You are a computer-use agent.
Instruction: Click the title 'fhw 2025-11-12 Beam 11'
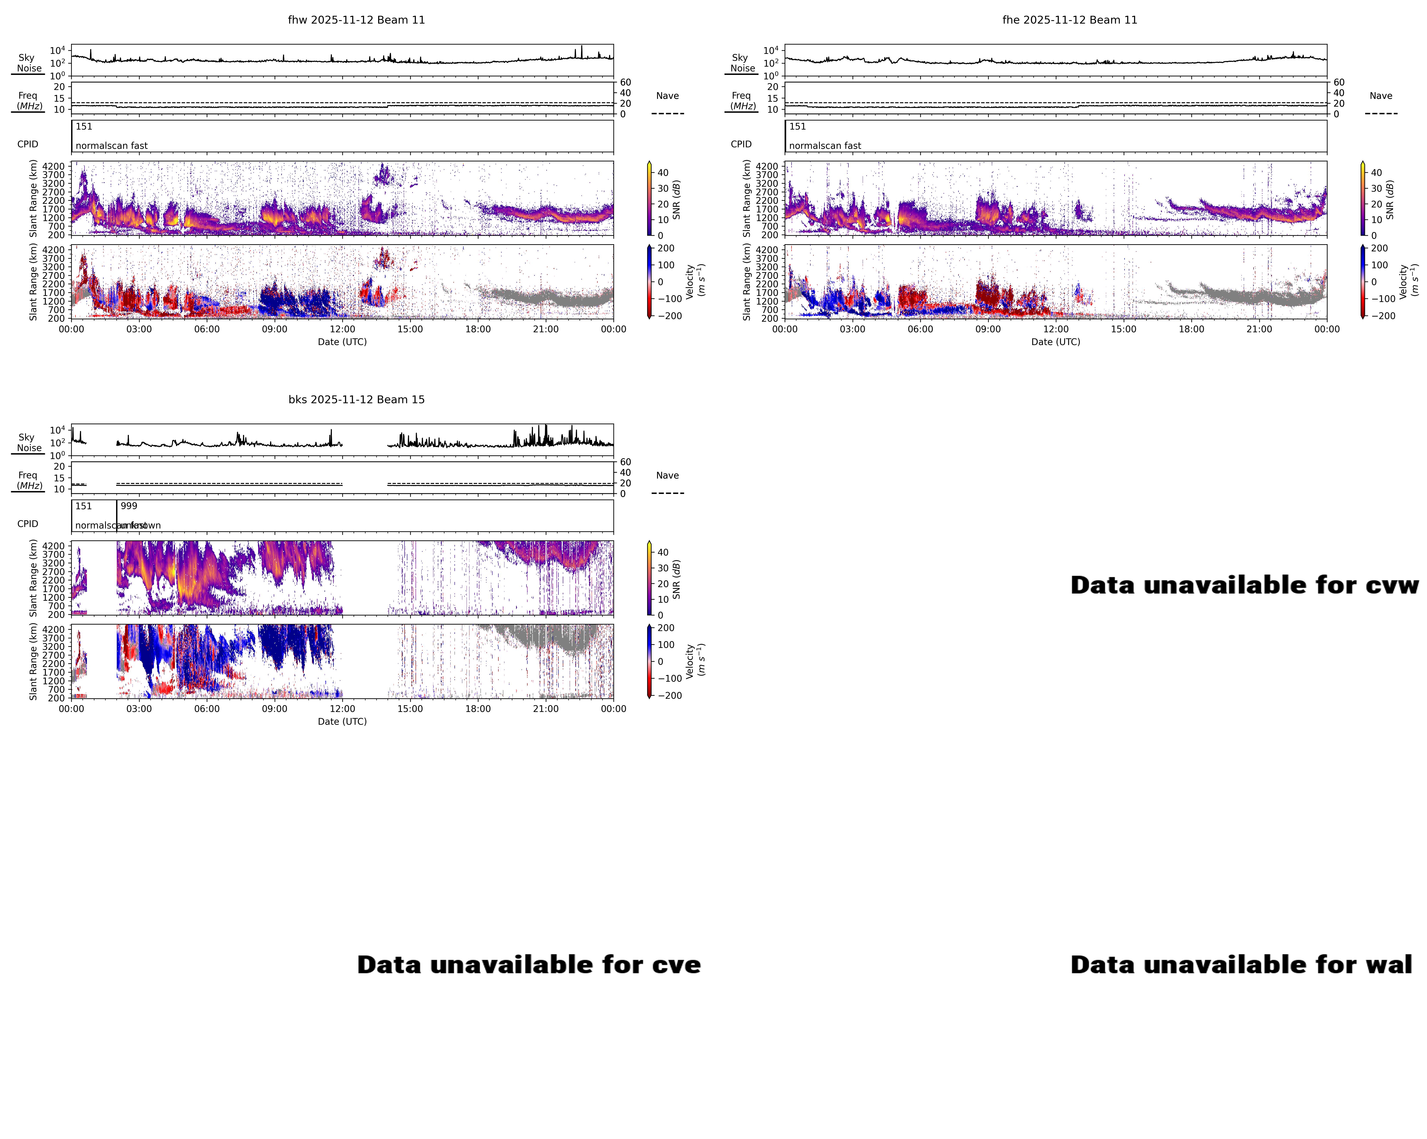coord(356,20)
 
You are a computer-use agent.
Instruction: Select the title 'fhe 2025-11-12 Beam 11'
coord(1070,20)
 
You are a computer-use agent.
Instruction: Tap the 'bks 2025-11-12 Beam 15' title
coord(356,399)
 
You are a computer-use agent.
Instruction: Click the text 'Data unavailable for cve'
coord(529,965)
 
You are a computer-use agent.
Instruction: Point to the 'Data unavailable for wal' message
coord(1241,965)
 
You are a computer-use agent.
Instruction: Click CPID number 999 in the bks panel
coord(129,506)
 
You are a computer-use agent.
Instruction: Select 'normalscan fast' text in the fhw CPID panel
coord(111,146)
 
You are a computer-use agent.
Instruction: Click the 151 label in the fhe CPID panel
coord(798,127)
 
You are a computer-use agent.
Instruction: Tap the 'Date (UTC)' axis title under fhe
coord(1056,342)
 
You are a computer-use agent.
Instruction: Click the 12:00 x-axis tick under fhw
coord(342,329)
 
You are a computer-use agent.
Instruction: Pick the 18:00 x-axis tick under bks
coord(478,708)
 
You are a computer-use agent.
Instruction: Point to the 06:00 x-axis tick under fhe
coord(920,329)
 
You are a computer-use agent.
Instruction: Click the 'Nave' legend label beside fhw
coord(667,96)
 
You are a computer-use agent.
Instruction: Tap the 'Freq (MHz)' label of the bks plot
coord(29,480)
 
